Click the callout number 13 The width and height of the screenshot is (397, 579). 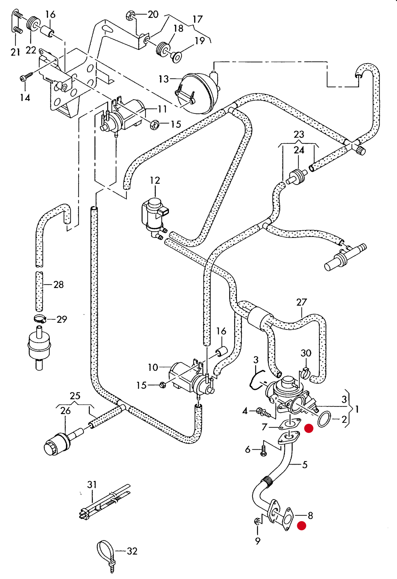tap(163, 79)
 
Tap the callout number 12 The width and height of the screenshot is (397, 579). tap(155, 181)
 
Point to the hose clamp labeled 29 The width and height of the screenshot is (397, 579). tap(40, 319)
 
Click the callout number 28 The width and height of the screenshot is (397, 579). tap(59, 285)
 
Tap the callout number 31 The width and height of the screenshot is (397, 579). tap(92, 485)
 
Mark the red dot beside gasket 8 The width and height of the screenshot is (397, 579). tap(301, 526)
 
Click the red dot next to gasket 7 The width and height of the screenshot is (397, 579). tap(309, 428)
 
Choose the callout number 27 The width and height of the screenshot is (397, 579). tap(301, 302)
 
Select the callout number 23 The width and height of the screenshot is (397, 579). tap(299, 134)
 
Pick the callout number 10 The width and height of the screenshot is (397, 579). tap(153, 367)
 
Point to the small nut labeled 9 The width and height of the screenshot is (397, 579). tap(257, 521)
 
